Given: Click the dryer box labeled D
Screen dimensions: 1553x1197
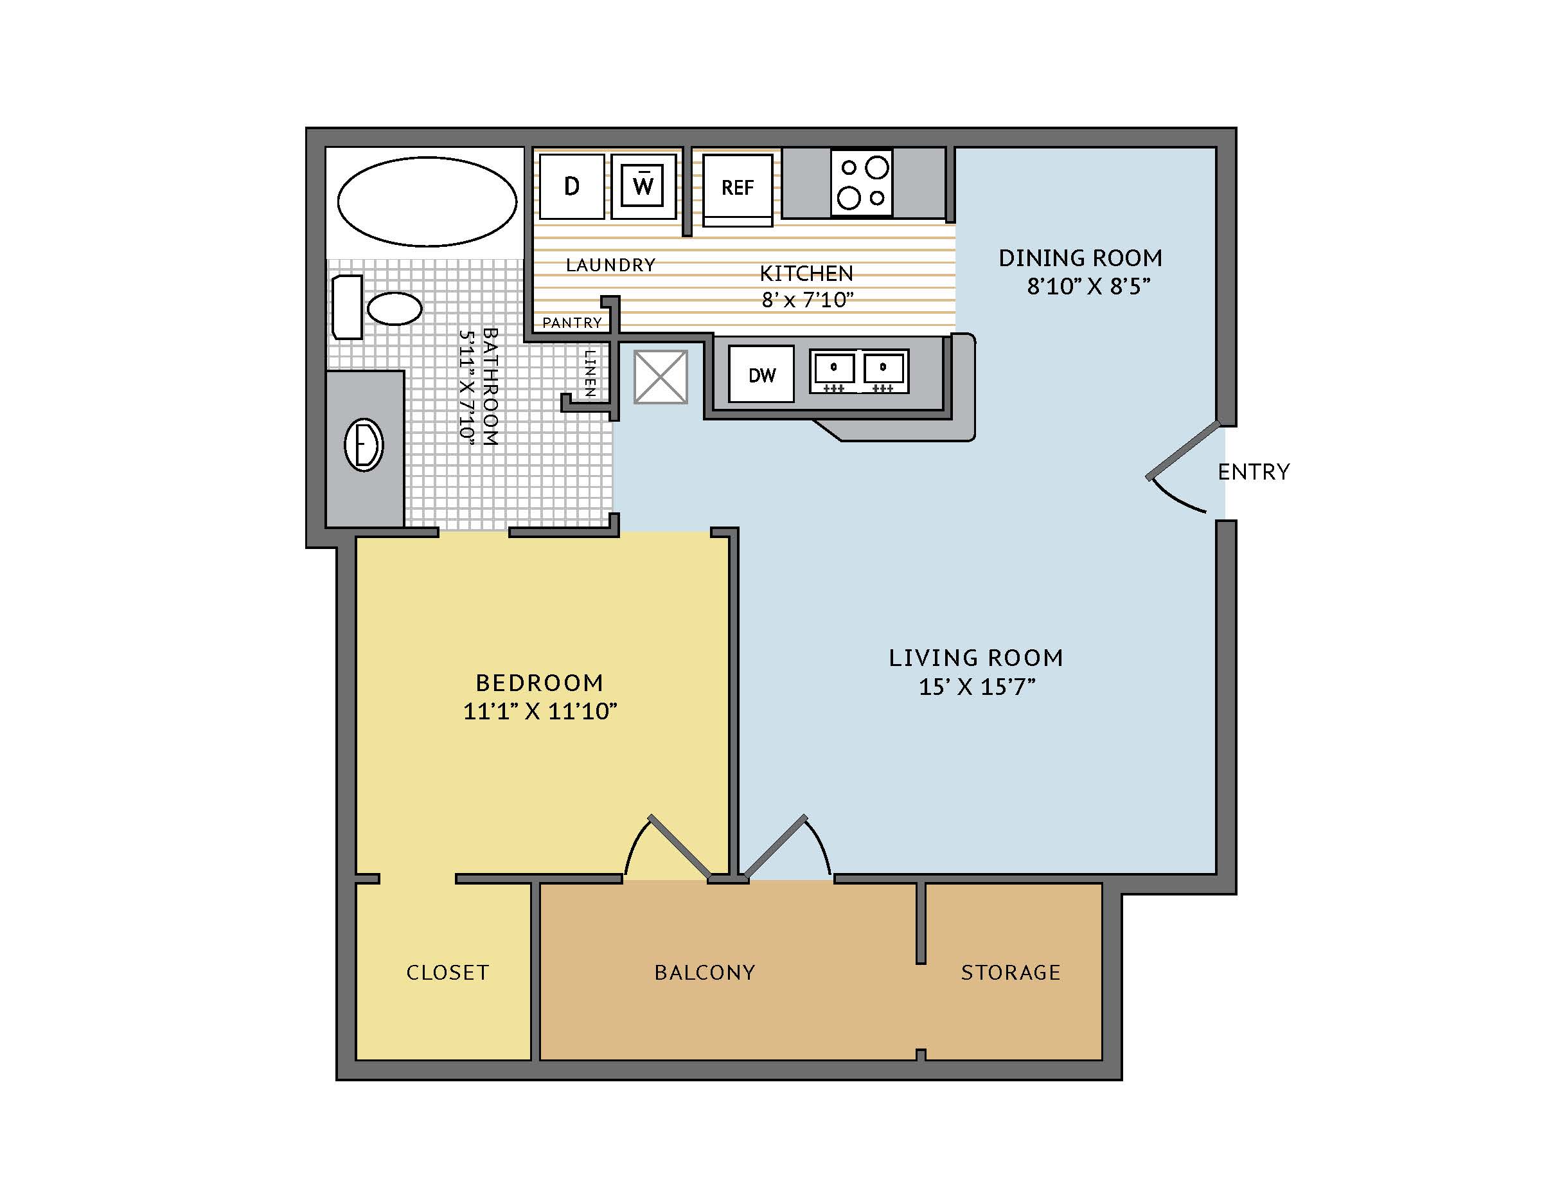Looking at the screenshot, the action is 572,186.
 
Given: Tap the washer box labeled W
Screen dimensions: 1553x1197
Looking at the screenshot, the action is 643,186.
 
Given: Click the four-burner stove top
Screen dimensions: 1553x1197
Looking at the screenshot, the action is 862,183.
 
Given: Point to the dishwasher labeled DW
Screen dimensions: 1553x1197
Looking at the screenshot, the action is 761,374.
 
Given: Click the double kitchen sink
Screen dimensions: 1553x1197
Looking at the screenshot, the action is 859,370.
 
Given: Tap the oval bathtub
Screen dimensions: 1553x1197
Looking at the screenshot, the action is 427,201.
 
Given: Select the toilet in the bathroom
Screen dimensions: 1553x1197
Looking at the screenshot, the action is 377,307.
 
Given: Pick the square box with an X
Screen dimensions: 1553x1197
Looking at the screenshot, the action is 661,377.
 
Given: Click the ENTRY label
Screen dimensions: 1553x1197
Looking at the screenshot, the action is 1254,472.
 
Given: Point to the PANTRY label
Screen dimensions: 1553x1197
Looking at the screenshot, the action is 572,323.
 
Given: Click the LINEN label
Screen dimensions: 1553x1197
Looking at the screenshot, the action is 589,373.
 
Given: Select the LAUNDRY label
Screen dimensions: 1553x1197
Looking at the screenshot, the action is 611,265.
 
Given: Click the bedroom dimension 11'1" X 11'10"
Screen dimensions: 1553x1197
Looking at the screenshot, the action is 540,711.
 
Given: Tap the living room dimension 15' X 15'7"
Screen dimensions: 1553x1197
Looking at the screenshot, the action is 977,687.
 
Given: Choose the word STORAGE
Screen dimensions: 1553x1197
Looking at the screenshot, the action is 1011,972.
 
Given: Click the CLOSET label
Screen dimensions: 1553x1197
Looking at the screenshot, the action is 448,972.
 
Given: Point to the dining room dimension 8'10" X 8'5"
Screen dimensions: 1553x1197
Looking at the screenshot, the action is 1088,287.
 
